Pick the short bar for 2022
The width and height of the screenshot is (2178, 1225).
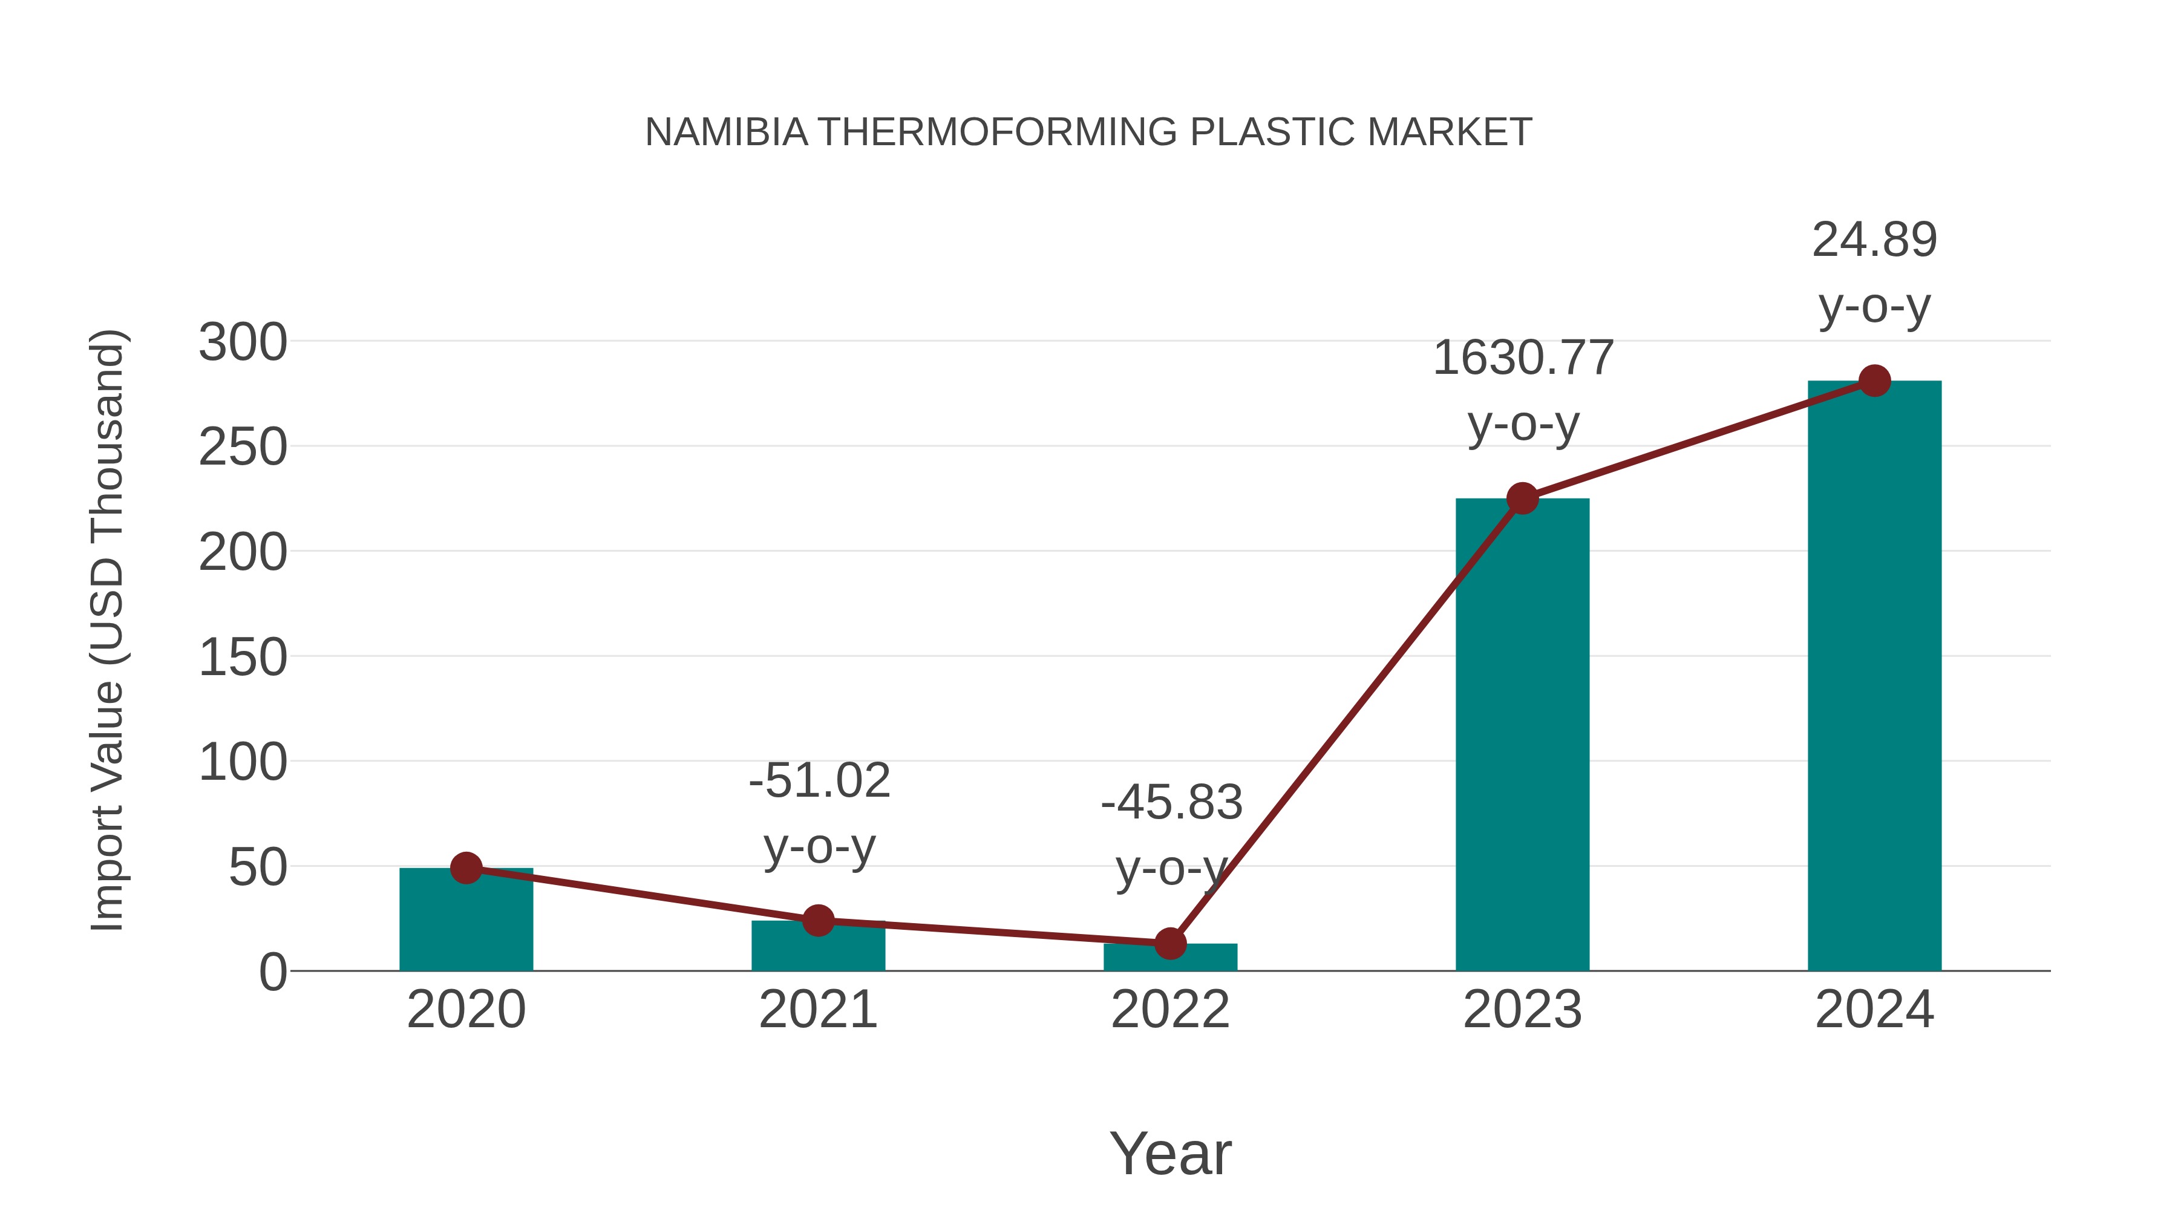pyautogui.click(x=1170, y=957)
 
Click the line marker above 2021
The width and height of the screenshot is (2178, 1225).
pyautogui.click(x=817, y=921)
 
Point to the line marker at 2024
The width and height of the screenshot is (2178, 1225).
pyautogui.click(x=1874, y=381)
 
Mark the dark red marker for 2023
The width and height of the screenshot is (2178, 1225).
pyautogui.click(x=1522, y=499)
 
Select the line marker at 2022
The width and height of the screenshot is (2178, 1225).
pyautogui.click(x=1170, y=944)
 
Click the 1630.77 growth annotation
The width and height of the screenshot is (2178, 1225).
pyautogui.click(x=1523, y=358)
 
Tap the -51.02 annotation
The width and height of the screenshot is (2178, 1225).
pyautogui.click(x=819, y=780)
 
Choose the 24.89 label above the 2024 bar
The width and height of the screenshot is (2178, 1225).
pyautogui.click(x=1874, y=240)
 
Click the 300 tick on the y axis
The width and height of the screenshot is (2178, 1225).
pyautogui.click(x=243, y=343)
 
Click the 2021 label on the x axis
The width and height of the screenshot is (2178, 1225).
pyautogui.click(x=817, y=1010)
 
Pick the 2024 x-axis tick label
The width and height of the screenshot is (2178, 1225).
pyautogui.click(x=1874, y=1010)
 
